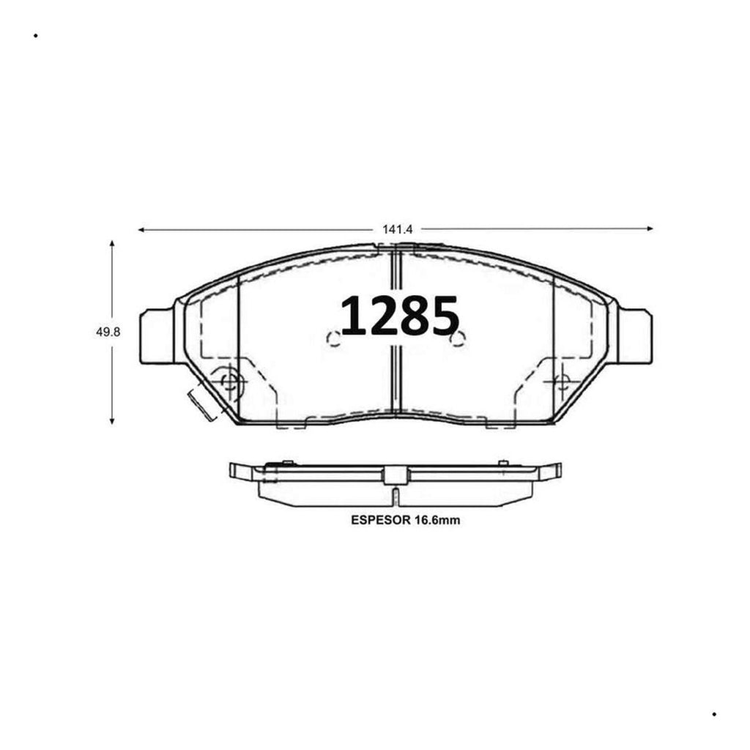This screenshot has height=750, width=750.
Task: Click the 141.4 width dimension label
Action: click(x=397, y=229)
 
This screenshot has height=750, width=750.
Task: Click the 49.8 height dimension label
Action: click(x=108, y=332)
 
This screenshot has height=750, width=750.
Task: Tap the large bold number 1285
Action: click(x=399, y=316)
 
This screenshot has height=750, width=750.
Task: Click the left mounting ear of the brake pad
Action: click(x=157, y=336)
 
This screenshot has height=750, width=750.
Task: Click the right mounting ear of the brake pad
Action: click(x=635, y=336)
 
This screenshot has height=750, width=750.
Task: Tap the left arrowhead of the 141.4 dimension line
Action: click(x=141, y=230)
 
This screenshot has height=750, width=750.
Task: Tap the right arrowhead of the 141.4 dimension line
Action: click(x=650, y=229)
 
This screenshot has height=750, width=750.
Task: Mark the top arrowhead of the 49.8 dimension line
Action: click(x=112, y=243)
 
